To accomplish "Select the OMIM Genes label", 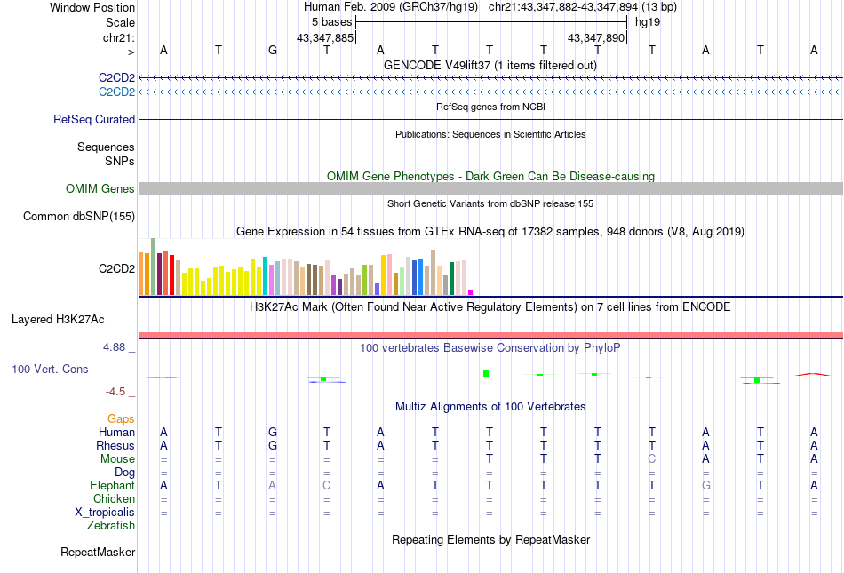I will (100, 188).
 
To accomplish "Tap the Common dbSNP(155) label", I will (79, 216).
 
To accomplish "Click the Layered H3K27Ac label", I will (73, 318).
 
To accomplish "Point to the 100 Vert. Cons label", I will (50, 369).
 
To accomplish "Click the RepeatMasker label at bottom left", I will (98, 552).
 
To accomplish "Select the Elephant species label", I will (112, 486).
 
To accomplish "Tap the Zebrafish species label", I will (111, 526).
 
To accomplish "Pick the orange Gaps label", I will (121, 418).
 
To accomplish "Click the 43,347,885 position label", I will (325, 37).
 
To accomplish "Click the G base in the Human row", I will (272, 432).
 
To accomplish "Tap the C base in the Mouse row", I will (651, 459).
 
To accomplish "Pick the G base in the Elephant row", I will (705, 486).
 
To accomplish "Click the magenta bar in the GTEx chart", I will (471, 291).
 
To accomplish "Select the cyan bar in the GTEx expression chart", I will (266, 275).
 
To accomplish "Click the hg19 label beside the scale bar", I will (647, 21).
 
